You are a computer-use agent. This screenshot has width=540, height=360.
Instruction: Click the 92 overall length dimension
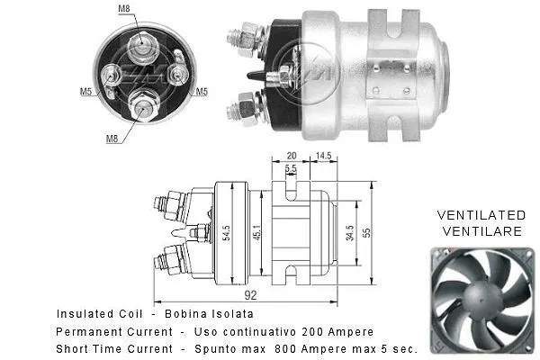251,293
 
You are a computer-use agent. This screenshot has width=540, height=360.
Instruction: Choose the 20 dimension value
291,155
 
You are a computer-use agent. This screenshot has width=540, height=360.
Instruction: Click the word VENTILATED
481,216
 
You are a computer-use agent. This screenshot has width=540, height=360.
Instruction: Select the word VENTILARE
481,231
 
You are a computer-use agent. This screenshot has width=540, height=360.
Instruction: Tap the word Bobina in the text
176,315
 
